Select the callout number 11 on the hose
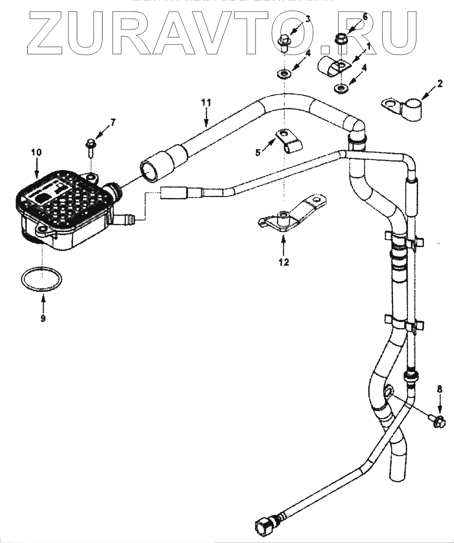pyautogui.click(x=206, y=102)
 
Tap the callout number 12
pyautogui.click(x=284, y=262)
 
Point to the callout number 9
pyautogui.click(x=43, y=318)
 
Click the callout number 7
pyautogui.click(x=113, y=122)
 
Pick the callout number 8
pyautogui.click(x=440, y=388)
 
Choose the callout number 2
pyautogui.click(x=440, y=83)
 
